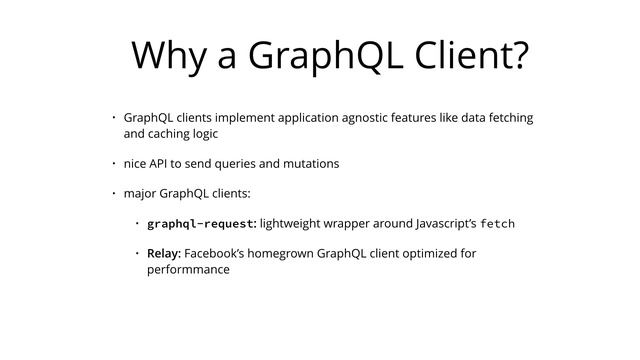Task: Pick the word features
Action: [x=420, y=117]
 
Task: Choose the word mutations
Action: [x=309, y=162]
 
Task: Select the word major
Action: [x=141, y=192]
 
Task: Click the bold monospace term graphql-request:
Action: [x=202, y=222]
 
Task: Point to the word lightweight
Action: [x=294, y=222]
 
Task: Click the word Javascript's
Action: [x=449, y=222]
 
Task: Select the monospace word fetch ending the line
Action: [x=497, y=222]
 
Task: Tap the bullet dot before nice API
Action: [x=114, y=162]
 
